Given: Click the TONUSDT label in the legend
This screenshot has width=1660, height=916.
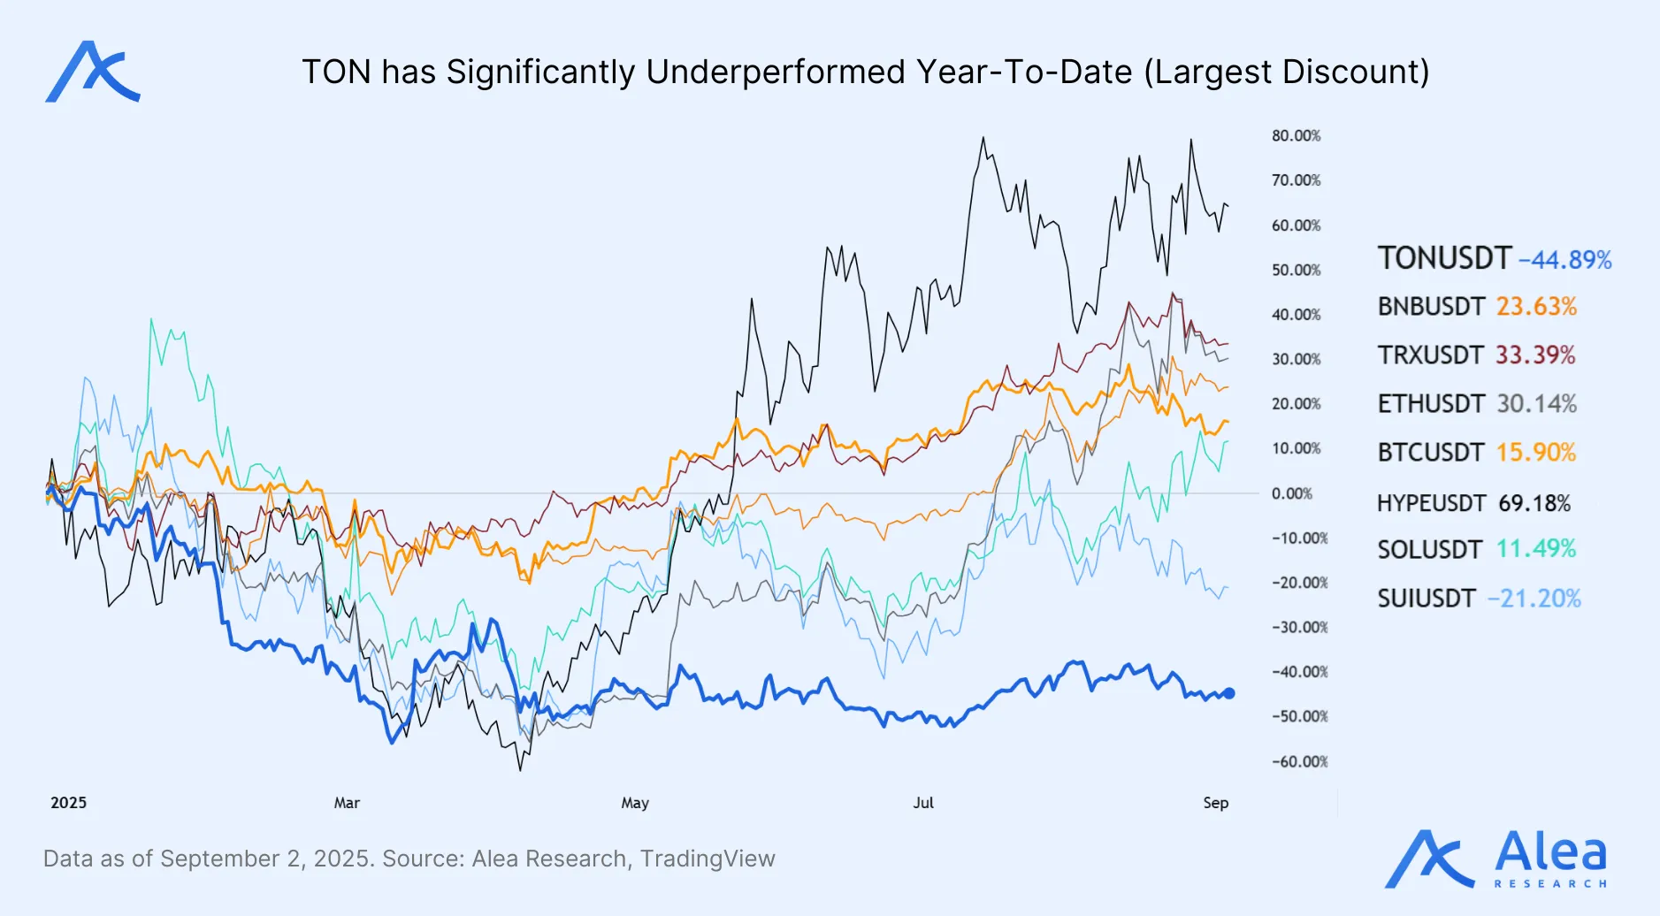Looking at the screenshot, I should click(1443, 258).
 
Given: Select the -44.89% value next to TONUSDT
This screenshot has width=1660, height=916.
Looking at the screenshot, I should click(1564, 260).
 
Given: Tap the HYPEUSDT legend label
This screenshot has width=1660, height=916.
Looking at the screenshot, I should click(1430, 503).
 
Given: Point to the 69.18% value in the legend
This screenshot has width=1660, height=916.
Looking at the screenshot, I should click(1534, 503).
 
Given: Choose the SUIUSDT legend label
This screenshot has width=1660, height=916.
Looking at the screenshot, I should click(1426, 599).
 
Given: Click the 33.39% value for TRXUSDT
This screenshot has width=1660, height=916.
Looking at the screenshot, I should click(1535, 355).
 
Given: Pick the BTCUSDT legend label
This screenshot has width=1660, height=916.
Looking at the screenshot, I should click(1430, 453).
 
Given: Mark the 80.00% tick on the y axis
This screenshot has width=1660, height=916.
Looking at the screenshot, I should click(1296, 135).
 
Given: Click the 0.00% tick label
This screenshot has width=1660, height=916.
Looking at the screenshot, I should click(1291, 493).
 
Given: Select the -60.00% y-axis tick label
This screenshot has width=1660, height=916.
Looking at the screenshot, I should click(1299, 761).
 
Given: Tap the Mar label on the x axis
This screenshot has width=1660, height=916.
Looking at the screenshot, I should click(347, 803).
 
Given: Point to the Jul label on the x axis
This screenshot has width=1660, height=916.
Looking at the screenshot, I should click(923, 803).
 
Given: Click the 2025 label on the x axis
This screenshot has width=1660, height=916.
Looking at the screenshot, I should click(68, 803).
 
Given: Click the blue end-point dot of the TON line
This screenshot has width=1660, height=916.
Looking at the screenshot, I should click(1228, 694).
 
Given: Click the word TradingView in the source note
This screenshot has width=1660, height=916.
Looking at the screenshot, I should click(708, 859).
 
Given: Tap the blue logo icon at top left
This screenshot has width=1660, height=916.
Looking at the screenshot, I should click(92, 72).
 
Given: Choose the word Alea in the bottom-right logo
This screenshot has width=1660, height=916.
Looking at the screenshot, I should click(1550, 851).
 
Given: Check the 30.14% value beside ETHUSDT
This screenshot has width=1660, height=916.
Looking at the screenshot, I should click(1536, 404).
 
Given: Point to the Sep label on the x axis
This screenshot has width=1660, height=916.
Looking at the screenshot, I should click(1215, 803).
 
